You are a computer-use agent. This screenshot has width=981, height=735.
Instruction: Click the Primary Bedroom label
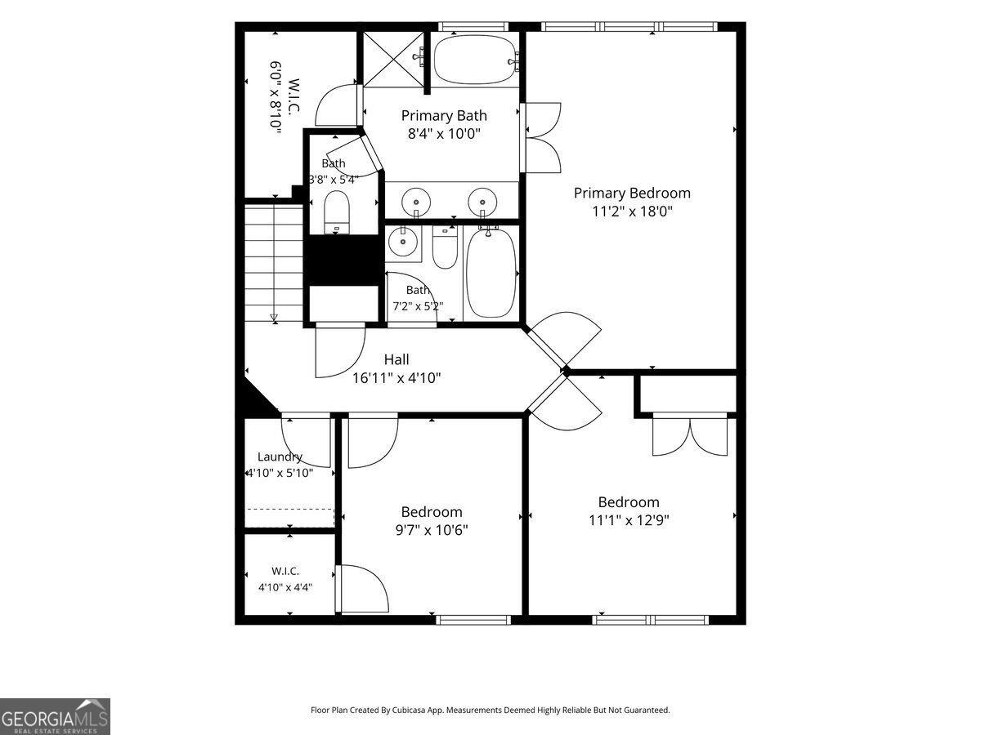tap(632, 193)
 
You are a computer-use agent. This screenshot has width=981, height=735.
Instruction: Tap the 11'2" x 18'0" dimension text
tap(632, 211)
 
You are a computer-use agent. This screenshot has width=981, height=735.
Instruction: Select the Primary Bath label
tap(444, 116)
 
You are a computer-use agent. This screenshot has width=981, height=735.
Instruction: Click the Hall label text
tap(396, 359)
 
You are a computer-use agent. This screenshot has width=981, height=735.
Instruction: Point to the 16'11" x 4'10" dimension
tap(396, 378)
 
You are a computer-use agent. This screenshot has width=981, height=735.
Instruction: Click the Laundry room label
tap(280, 457)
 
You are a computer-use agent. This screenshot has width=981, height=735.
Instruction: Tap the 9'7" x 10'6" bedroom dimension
tap(432, 530)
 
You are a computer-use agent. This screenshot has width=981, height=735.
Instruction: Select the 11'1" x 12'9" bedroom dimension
tap(629, 520)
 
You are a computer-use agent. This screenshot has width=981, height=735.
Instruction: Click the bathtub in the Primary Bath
tap(476, 60)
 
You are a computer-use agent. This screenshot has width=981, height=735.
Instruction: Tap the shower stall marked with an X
tap(393, 59)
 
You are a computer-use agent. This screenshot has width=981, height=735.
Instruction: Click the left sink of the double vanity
tap(415, 202)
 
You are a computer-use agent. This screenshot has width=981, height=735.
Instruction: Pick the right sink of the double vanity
tap(482, 202)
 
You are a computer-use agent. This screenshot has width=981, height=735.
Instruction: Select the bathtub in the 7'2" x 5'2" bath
tap(490, 273)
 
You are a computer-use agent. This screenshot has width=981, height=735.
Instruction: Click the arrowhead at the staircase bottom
tap(274, 318)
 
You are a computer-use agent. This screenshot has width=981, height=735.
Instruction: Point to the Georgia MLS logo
tap(55, 716)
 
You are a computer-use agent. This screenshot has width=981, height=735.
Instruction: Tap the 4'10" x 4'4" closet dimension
tap(285, 587)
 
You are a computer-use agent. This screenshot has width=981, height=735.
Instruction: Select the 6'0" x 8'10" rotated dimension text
tap(275, 97)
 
